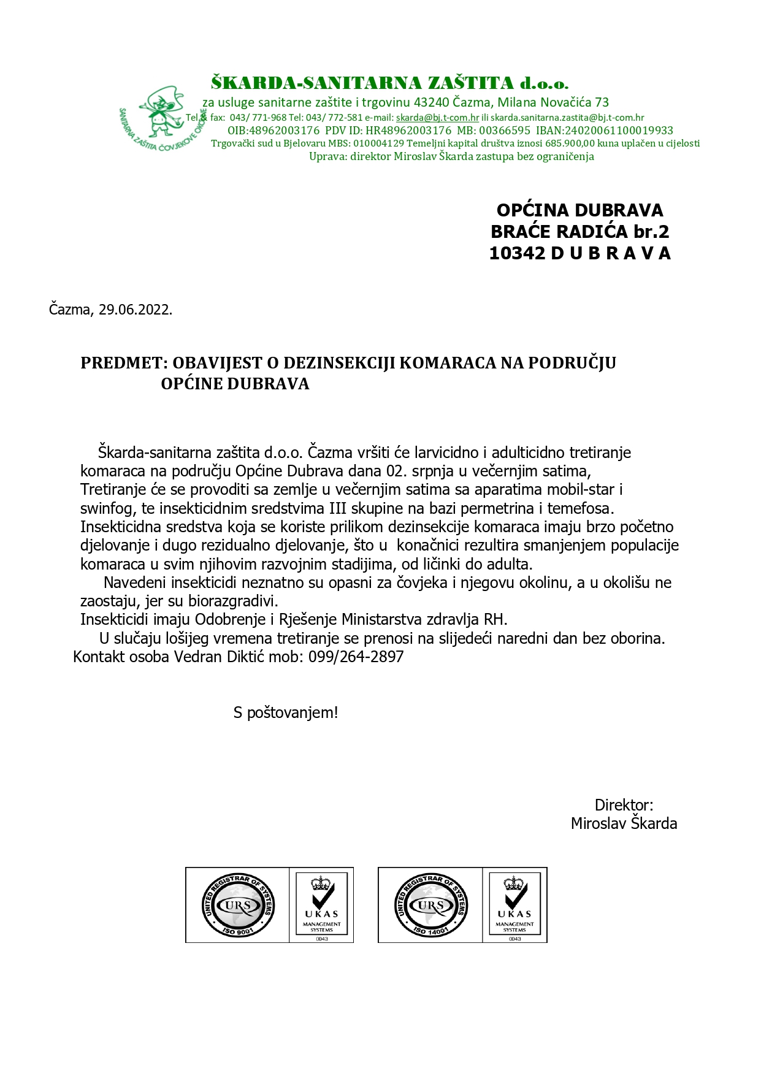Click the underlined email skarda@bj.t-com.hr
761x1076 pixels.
pos(437,118)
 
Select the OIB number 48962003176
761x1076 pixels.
pos(285,131)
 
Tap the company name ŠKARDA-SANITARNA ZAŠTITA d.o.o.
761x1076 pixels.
pos(390,83)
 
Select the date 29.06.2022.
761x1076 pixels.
pos(136,310)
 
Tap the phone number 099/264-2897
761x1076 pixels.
pos(356,657)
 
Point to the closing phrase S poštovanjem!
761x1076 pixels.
pos(286,712)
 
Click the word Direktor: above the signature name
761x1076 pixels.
pos(624,805)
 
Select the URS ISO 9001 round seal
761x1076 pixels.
pos(238,905)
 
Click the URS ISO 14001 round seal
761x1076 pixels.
pos(430,905)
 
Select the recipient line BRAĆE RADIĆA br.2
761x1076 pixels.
pos(579,232)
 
